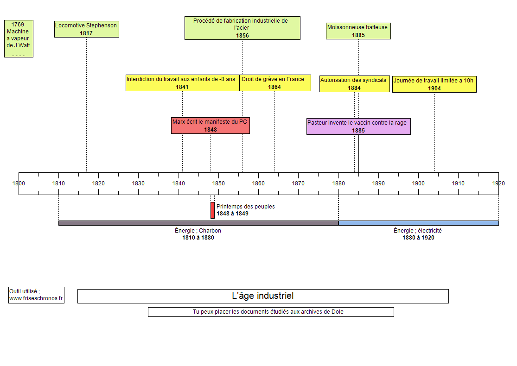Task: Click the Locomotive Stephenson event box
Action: coord(86,29)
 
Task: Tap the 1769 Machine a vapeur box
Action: coord(19,38)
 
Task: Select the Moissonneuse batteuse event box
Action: coord(357,31)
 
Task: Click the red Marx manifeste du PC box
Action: coord(210,126)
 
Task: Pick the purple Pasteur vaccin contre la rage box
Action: coord(358,126)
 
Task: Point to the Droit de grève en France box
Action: coord(274,83)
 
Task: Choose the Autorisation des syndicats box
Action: coord(354,84)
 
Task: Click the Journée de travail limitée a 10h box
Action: coord(434,84)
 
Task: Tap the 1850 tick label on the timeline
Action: coord(218,183)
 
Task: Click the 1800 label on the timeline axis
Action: coord(19,183)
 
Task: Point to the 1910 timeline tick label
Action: coord(458,183)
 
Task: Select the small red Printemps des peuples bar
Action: coord(212,210)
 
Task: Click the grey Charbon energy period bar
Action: coord(198,223)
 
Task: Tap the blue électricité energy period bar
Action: coord(418,223)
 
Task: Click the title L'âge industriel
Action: coord(262,296)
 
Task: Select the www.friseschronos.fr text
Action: coord(36,298)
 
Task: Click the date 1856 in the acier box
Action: coord(243,35)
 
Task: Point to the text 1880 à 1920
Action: coord(418,238)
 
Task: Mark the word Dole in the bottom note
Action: coord(338,312)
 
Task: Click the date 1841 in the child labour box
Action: coord(182,87)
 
